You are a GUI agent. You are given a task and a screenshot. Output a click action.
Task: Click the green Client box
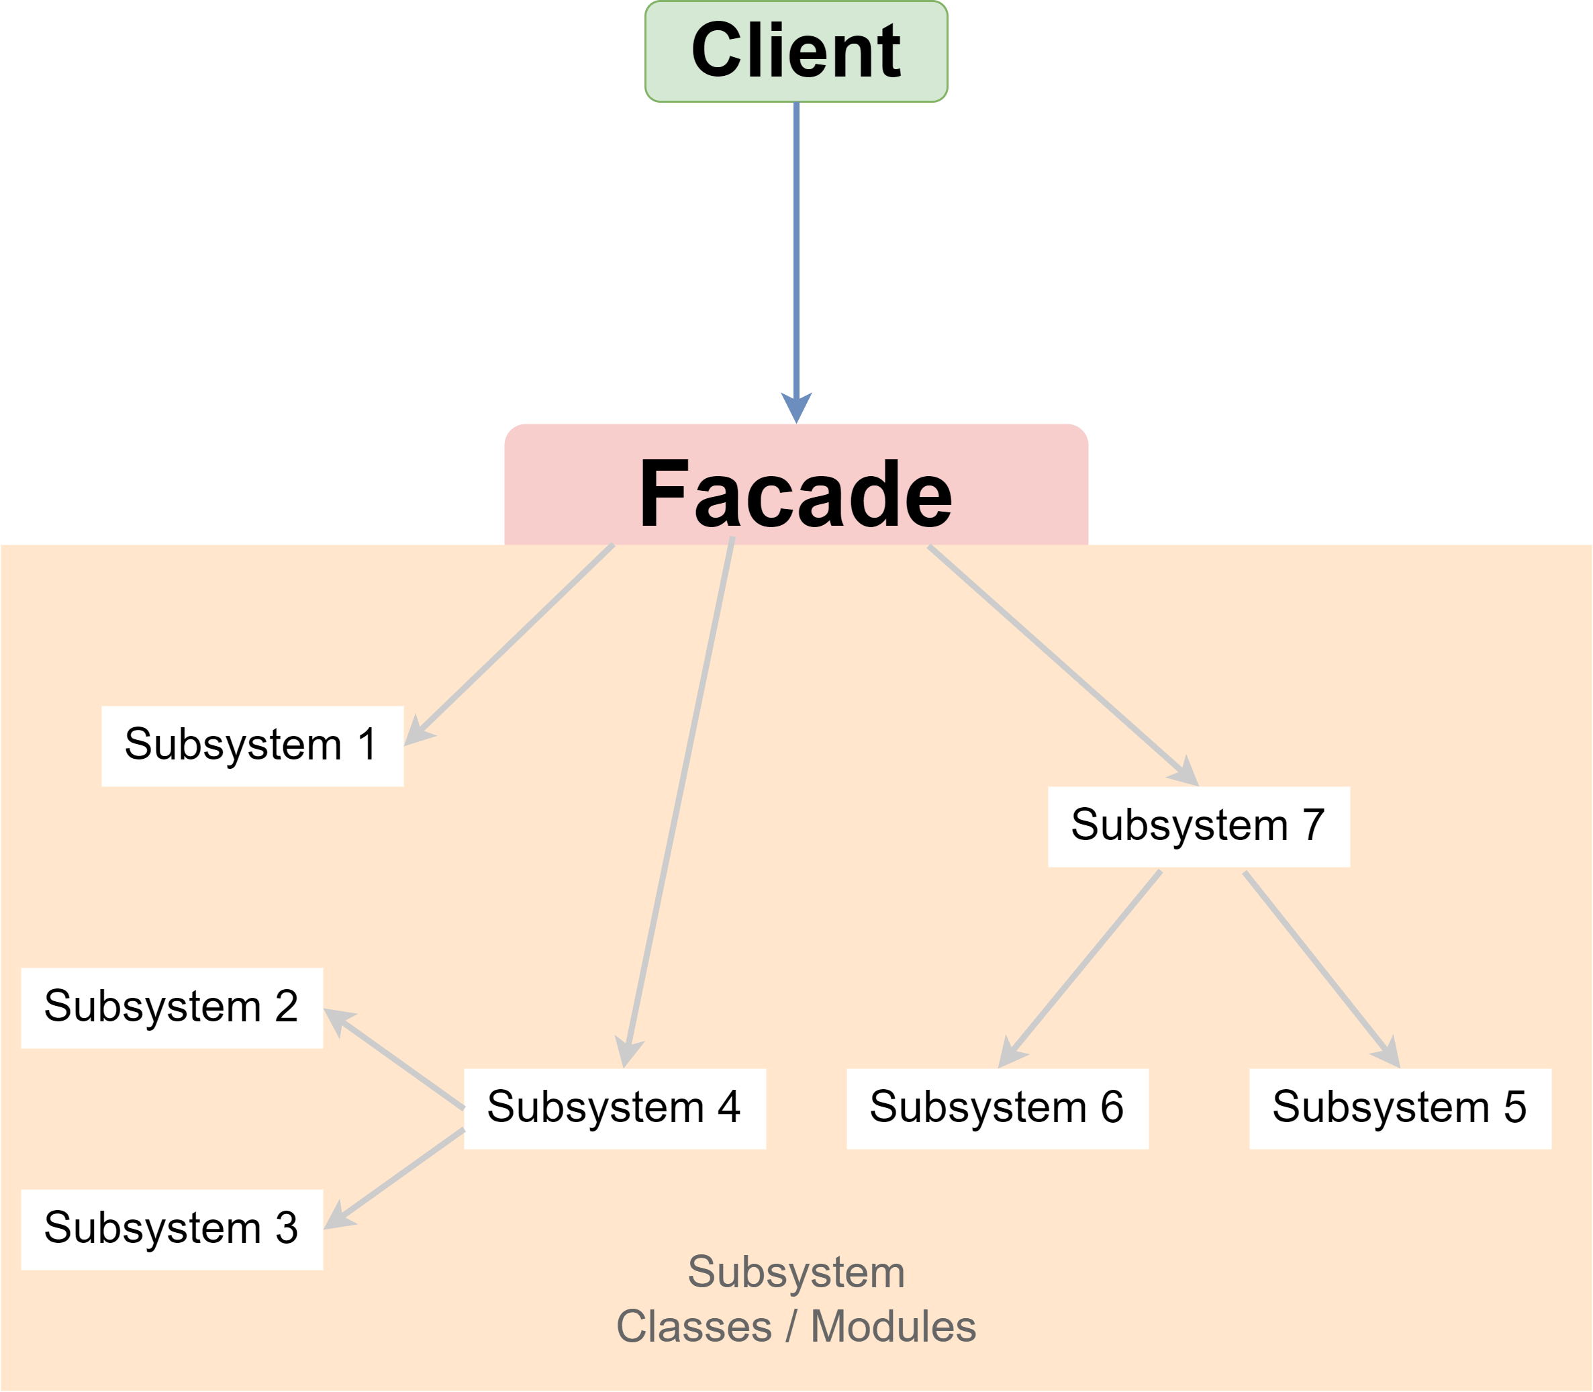(796, 51)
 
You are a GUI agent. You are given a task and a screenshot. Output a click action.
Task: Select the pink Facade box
(796, 490)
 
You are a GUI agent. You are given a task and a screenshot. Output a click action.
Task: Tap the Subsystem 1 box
(252, 746)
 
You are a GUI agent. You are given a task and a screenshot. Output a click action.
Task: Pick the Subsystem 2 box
(172, 1007)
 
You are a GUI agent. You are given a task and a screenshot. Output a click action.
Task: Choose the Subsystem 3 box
(172, 1229)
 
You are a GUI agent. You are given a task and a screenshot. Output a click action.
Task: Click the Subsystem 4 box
(614, 1109)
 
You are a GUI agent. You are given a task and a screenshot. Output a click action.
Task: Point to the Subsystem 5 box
(1400, 1109)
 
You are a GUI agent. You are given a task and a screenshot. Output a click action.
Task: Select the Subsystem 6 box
(998, 1109)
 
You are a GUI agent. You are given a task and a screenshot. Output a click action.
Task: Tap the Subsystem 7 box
(1199, 827)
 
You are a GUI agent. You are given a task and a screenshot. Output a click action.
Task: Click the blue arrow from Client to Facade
(796, 248)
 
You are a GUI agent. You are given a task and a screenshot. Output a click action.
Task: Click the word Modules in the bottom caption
(894, 1327)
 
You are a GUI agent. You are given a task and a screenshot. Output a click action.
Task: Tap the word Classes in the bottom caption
(693, 1327)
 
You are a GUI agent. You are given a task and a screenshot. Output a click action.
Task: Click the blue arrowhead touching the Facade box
(796, 407)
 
